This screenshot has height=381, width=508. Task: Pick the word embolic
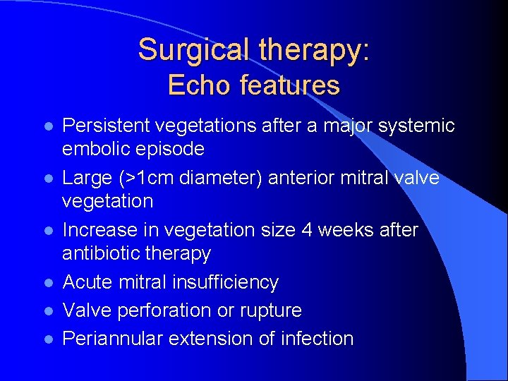coord(97,149)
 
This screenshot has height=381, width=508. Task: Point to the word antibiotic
coord(104,253)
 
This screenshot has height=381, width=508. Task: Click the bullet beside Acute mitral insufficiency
coord(48,283)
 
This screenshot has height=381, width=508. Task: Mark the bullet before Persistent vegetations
coord(48,126)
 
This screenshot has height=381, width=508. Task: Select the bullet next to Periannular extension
coord(48,339)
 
